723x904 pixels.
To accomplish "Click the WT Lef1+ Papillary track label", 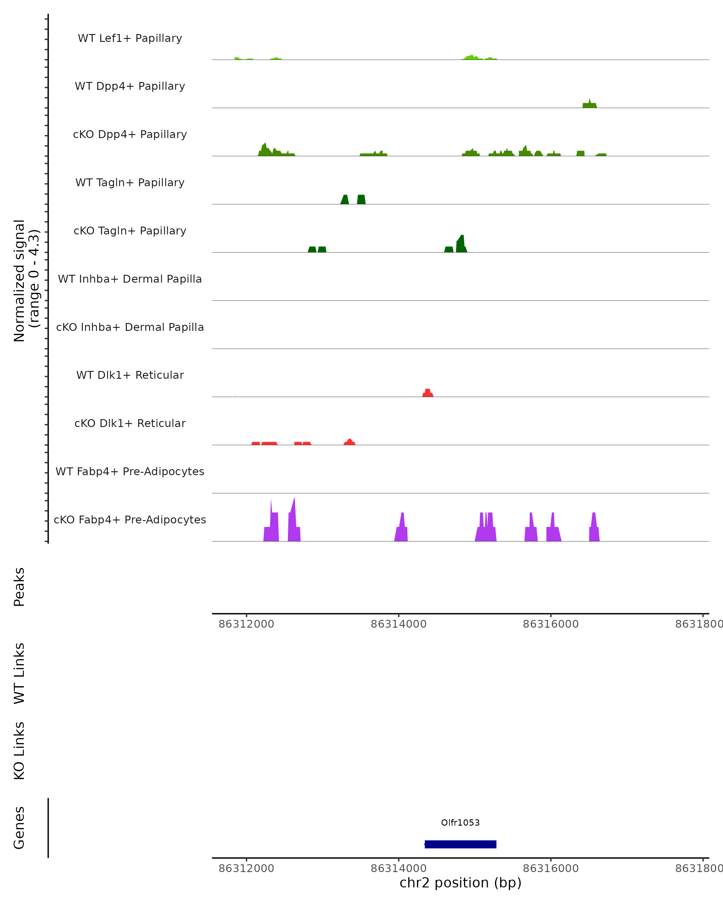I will pos(130,38).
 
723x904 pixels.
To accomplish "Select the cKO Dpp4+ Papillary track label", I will pos(130,135).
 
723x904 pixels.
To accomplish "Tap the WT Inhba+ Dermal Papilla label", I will pos(130,279).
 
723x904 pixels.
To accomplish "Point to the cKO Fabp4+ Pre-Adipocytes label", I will pos(130,520).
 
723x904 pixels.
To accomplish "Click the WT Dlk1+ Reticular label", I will pos(130,375).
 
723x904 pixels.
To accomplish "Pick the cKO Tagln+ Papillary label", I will pos(130,231).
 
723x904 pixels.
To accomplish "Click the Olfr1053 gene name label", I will pos(460,823).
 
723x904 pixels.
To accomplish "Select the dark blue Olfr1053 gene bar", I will pos(460,844).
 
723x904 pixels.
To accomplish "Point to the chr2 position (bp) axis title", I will pos(460,883).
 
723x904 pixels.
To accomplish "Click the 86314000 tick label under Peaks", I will pos(398,624).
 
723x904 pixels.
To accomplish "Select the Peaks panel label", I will pos(19,587).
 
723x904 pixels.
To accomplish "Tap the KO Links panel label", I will pos(19,751).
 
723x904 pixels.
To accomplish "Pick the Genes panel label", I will pos(19,828).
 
